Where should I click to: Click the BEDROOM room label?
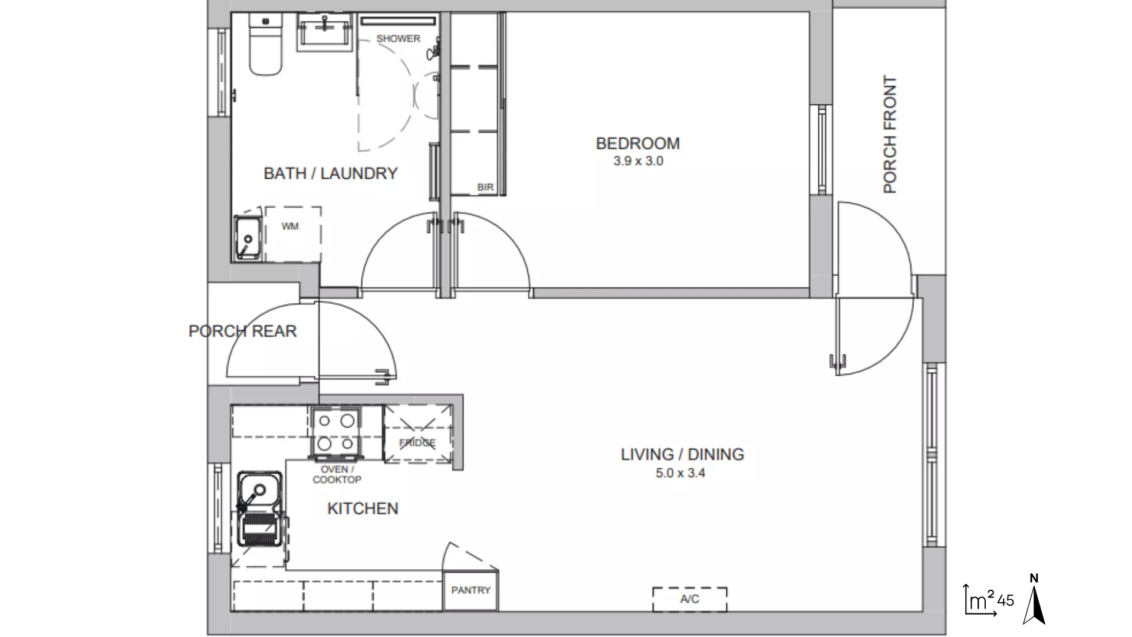[x=637, y=143]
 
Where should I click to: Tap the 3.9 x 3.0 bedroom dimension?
[x=638, y=161]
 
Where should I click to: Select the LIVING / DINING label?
[x=682, y=454]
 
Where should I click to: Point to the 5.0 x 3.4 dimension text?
[x=680, y=473]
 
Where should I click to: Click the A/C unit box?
[x=689, y=599]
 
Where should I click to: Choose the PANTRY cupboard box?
[x=470, y=590]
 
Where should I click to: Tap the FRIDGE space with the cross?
[x=417, y=434]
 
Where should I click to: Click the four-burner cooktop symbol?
[x=335, y=432]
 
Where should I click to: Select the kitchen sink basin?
[x=259, y=491]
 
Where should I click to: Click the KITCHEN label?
[x=363, y=508]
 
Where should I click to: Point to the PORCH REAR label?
[x=242, y=331]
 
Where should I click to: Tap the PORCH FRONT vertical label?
[x=890, y=134]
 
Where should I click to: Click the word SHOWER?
[x=398, y=38]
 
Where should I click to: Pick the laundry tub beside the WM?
[x=248, y=238]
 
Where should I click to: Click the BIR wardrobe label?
[x=485, y=188]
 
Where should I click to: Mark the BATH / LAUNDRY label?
[x=330, y=173]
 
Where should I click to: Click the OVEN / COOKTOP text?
[x=336, y=474]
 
